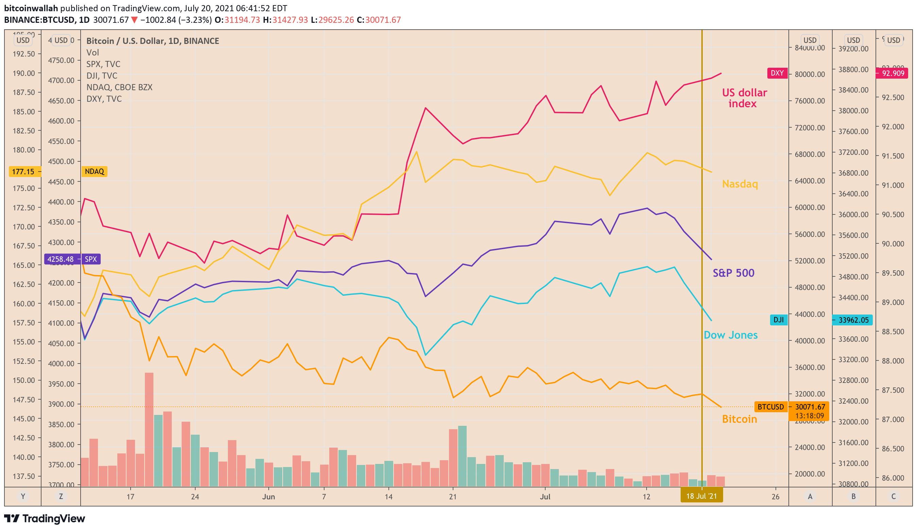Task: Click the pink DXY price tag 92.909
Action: (x=892, y=73)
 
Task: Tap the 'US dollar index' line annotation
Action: (x=744, y=98)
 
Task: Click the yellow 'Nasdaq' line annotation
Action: (x=740, y=184)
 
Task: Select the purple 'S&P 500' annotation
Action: (x=733, y=273)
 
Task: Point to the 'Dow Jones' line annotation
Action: (x=730, y=335)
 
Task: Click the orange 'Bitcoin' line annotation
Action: (x=739, y=419)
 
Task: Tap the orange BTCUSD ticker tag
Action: (x=770, y=407)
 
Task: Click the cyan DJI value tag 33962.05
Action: (x=853, y=320)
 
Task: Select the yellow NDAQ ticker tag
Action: (x=94, y=172)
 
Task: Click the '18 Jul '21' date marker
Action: (x=701, y=496)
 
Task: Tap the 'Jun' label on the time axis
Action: (x=269, y=497)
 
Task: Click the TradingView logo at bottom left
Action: (x=45, y=519)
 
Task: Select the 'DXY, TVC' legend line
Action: (x=104, y=99)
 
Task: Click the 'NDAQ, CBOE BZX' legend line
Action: (x=119, y=87)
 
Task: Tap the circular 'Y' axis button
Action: (x=23, y=496)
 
